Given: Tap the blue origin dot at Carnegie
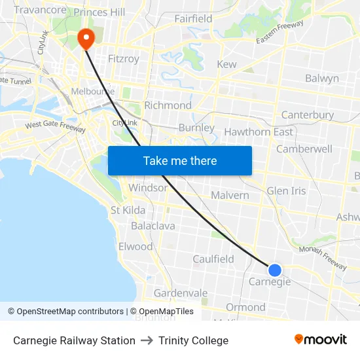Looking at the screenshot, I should pos(275,270).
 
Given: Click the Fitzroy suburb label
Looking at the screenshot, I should pos(123,59).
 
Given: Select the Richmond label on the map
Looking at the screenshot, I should pos(168,105).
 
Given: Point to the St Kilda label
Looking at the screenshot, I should pos(128,210).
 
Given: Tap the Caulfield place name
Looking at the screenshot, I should pos(213,259).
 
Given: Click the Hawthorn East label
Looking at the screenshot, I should pos(259,132).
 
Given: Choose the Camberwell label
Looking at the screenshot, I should pos(304,149).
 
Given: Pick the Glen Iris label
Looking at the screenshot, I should pos(286,191).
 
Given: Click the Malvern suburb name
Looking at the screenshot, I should pos(230,195).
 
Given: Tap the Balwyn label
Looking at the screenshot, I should pos(322,79).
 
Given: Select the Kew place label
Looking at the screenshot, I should pos(226,64).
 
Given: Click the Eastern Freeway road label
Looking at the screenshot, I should pos(280,32).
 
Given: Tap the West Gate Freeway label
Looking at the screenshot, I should pos(55,126).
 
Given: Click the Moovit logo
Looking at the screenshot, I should pos(321,340).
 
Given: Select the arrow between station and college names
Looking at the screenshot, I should pos(147,340).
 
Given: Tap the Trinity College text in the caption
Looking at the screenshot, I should pos(193,340).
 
